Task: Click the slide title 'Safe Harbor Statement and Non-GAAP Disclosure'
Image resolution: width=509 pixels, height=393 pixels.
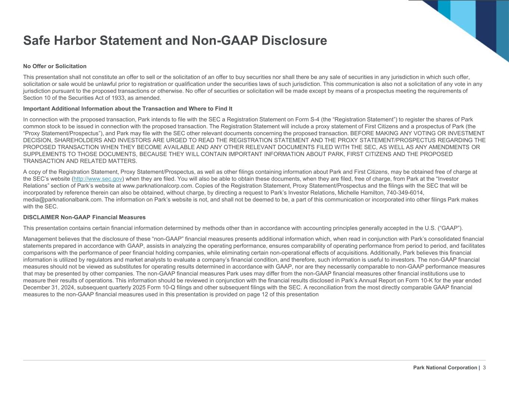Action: tap(175, 41)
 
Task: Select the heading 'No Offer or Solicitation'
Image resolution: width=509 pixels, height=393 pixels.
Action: tap(55, 66)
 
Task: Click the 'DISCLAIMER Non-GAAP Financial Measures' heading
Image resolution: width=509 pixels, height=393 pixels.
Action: tap(84, 217)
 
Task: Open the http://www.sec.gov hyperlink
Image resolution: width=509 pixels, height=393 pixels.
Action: tap(98, 179)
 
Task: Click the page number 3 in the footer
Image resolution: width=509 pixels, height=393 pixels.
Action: tap(484, 368)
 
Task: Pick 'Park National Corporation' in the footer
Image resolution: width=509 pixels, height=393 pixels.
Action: tap(445, 368)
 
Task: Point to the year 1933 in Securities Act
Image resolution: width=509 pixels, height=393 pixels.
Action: tap(105, 98)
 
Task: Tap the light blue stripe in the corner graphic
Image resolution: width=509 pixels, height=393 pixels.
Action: tap(462, 15)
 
